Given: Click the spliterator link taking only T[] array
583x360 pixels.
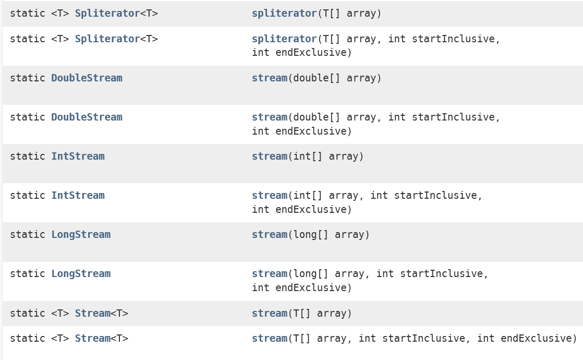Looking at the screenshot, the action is click(x=284, y=13).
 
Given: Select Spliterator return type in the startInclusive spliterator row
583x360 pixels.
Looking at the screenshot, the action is click(x=107, y=39).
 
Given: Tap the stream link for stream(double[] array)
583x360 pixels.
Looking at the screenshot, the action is click(x=269, y=78).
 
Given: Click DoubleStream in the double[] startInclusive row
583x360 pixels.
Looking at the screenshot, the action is click(x=87, y=117).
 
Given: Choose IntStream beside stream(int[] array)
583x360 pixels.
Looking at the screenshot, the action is click(x=78, y=156).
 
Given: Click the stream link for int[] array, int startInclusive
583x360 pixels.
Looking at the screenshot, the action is click(x=269, y=195).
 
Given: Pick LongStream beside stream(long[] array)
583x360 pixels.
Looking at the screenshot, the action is click(x=81, y=234).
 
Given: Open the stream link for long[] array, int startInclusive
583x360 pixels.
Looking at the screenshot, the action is click(x=269, y=273).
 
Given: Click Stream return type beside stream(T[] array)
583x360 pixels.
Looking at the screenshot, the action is click(x=92, y=313).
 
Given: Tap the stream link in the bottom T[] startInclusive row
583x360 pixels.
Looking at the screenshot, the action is click(x=269, y=338).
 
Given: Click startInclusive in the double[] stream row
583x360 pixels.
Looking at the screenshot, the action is click(x=456, y=117).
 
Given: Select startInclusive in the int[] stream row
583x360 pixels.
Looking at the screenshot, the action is click(x=438, y=195).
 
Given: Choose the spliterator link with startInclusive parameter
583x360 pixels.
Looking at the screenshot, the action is click(x=284, y=39).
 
